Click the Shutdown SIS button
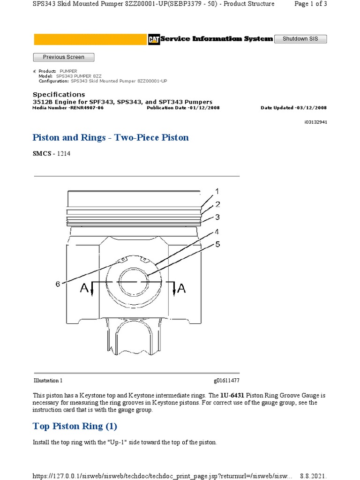(x=300, y=39)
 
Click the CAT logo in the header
(x=153, y=39)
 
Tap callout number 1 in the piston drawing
(x=217, y=191)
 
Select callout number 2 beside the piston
(x=217, y=204)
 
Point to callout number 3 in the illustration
(x=217, y=217)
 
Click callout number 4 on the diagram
(x=217, y=232)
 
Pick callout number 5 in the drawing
(x=217, y=244)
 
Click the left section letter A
(x=84, y=289)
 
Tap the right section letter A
(x=181, y=289)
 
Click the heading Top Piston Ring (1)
(x=75, y=426)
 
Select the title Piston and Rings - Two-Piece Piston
(x=111, y=137)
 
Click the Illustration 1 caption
(x=48, y=381)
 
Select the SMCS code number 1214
(x=64, y=154)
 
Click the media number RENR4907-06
(x=87, y=108)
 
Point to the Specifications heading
(x=59, y=94)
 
